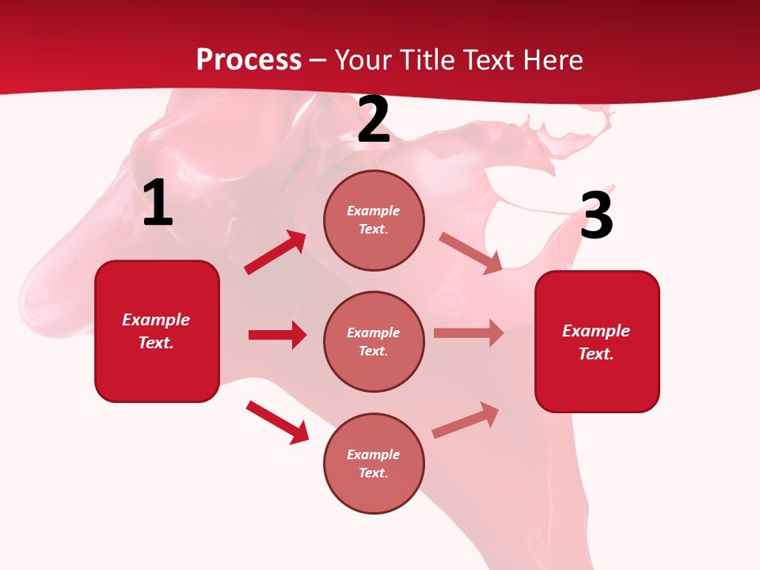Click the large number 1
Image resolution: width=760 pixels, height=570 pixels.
[158, 203]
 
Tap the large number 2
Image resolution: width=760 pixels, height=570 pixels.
[374, 120]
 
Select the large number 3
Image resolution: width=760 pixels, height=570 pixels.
[596, 215]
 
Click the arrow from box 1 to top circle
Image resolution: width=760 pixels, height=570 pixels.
[275, 253]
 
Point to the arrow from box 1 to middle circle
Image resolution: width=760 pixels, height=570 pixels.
[277, 335]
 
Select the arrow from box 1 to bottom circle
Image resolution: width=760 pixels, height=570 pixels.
[277, 422]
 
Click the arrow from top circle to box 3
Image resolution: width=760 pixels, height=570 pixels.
[470, 253]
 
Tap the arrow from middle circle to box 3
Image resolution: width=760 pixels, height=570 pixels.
[469, 333]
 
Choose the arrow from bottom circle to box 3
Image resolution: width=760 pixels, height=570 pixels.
[465, 420]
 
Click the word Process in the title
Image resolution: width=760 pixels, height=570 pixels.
[249, 59]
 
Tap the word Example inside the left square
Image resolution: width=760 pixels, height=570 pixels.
[156, 320]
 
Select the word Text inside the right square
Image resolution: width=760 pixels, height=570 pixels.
[595, 354]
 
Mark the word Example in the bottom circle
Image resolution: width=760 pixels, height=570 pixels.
[374, 454]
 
